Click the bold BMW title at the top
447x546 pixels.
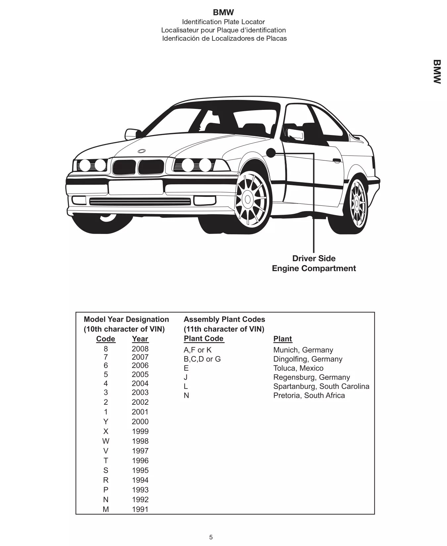point(223,13)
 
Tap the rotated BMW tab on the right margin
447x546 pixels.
point(437,71)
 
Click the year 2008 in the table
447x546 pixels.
point(140,349)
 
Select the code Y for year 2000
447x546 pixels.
point(106,422)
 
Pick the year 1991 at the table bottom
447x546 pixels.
point(140,510)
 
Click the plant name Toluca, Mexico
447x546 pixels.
point(298,368)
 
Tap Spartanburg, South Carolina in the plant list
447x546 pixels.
point(321,387)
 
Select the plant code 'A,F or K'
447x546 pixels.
point(197,350)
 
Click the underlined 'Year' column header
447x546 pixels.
point(140,339)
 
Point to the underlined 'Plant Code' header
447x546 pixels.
point(204,339)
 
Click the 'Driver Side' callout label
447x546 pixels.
point(314,258)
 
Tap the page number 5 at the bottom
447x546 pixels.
point(211,537)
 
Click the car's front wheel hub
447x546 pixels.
point(248,200)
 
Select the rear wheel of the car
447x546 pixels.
point(357,202)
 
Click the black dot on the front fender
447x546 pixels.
point(271,153)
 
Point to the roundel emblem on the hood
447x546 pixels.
point(142,151)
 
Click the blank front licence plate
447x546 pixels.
point(136,187)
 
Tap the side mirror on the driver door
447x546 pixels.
point(296,134)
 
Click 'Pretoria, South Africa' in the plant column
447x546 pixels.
point(309,395)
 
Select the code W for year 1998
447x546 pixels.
point(106,441)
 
